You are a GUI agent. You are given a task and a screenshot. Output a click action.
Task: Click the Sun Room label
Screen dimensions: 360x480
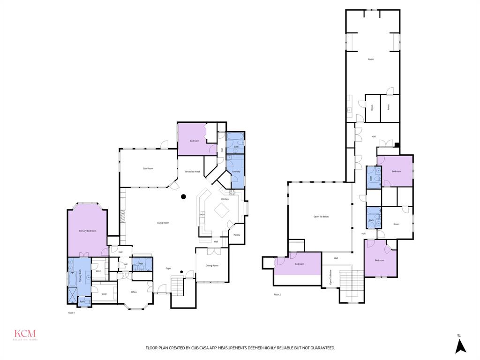[148, 168]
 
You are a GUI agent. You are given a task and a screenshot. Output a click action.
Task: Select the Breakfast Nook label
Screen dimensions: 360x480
[193, 172]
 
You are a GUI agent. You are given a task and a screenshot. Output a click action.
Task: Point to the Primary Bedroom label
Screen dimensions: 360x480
[88, 231]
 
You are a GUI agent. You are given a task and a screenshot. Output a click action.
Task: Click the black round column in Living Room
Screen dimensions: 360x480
[184, 196]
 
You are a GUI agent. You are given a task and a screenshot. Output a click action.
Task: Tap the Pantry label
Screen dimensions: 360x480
[237, 235]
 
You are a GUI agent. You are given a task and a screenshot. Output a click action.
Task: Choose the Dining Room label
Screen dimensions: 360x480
[212, 266]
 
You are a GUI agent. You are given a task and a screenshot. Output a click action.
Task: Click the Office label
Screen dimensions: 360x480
[134, 292]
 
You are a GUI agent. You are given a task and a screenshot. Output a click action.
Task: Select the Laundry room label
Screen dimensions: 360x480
[236, 172]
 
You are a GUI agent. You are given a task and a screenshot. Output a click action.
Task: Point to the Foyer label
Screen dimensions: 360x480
[168, 268]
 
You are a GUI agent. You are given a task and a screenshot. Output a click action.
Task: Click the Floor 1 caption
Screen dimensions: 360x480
[71, 312]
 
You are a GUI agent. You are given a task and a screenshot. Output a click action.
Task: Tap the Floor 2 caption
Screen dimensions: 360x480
[277, 294]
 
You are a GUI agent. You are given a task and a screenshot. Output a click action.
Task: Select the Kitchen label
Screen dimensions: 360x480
[225, 199]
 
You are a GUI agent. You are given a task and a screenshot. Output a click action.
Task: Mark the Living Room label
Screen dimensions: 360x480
[163, 223]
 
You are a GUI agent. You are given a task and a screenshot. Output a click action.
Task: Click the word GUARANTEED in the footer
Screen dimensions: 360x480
[321, 348]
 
